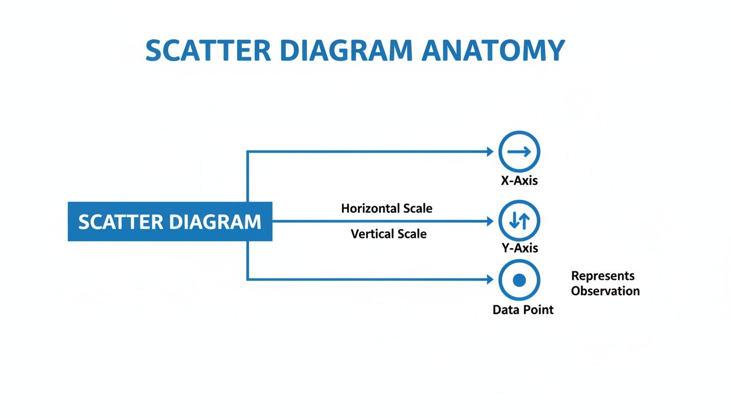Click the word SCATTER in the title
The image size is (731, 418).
pos(208,51)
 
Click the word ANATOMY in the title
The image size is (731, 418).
pos(493,51)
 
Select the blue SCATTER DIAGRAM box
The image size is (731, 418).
pos(170,222)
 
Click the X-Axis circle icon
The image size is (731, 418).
pos(519,152)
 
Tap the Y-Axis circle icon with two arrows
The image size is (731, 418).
pos(519,221)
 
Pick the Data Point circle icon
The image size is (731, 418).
pos(519,280)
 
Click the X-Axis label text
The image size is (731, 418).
pos(519,181)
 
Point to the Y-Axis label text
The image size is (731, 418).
pos(519,248)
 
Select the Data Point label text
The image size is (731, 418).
pos(523,310)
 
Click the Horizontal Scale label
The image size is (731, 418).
pos(387,208)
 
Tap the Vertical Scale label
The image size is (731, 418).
pos(388,234)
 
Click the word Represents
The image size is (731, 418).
pos(603,276)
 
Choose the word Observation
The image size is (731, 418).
pos(605,291)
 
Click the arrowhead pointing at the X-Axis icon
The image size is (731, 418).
pos(491,152)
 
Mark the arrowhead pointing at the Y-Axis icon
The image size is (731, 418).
pos(491,222)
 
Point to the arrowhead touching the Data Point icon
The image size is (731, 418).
pos(491,280)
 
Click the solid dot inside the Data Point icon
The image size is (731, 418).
pos(519,280)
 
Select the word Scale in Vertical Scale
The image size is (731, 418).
pos(412,234)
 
